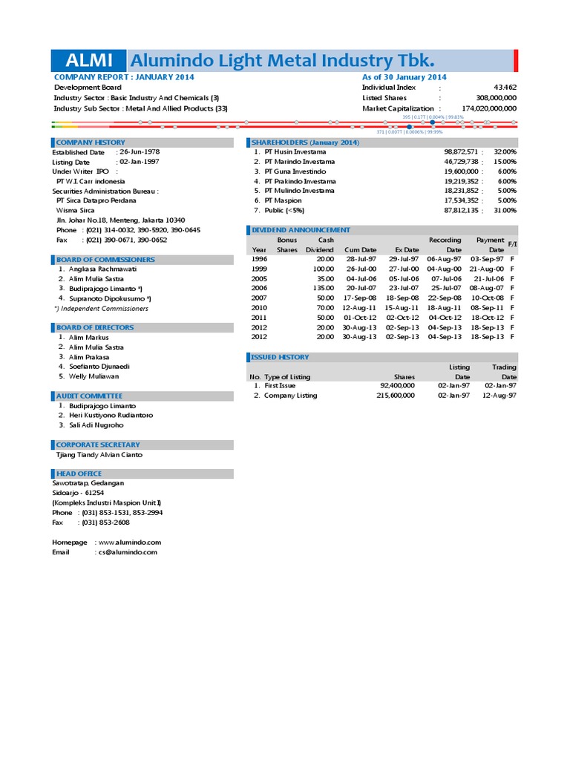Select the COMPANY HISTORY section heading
[x=91, y=142]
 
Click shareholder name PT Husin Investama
[x=295, y=151]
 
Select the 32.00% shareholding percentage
[x=505, y=151]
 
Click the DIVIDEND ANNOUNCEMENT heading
[x=301, y=230]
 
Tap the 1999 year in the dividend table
[x=259, y=269]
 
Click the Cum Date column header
[x=360, y=250]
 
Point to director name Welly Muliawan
[x=94, y=376]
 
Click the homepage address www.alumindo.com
[x=129, y=543]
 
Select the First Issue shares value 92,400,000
[x=397, y=386]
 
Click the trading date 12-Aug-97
[x=499, y=396]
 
